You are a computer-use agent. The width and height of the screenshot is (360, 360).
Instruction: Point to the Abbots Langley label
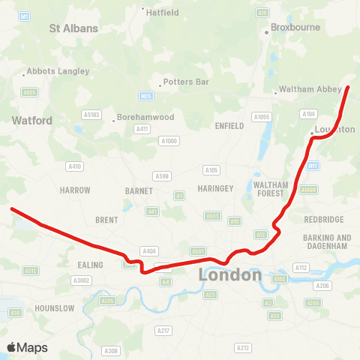[58, 71]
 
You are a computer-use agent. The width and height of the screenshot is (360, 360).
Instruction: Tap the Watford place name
[31, 120]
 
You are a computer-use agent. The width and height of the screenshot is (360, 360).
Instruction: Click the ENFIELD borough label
[229, 126]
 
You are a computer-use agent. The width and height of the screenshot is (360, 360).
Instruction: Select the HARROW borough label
[75, 190]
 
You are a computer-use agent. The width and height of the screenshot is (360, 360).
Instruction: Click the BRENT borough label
[107, 220]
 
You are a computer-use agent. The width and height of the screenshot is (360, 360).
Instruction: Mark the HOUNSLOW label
[55, 308]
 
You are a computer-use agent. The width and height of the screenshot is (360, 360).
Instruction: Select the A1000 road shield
[169, 140]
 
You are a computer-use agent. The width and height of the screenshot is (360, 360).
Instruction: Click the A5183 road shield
[91, 115]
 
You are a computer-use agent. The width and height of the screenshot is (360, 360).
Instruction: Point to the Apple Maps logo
[28, 347]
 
